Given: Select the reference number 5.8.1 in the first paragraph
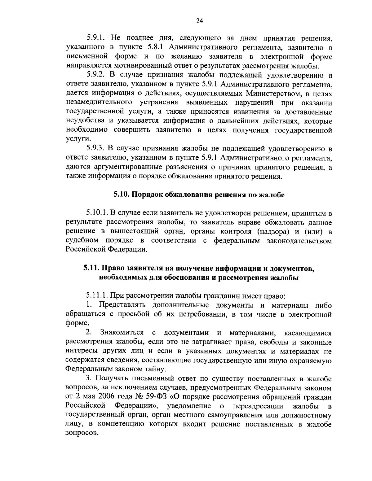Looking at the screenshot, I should (159, 48).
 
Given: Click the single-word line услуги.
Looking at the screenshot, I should (75, 139).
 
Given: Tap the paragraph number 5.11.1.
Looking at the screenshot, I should (97, 296).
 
